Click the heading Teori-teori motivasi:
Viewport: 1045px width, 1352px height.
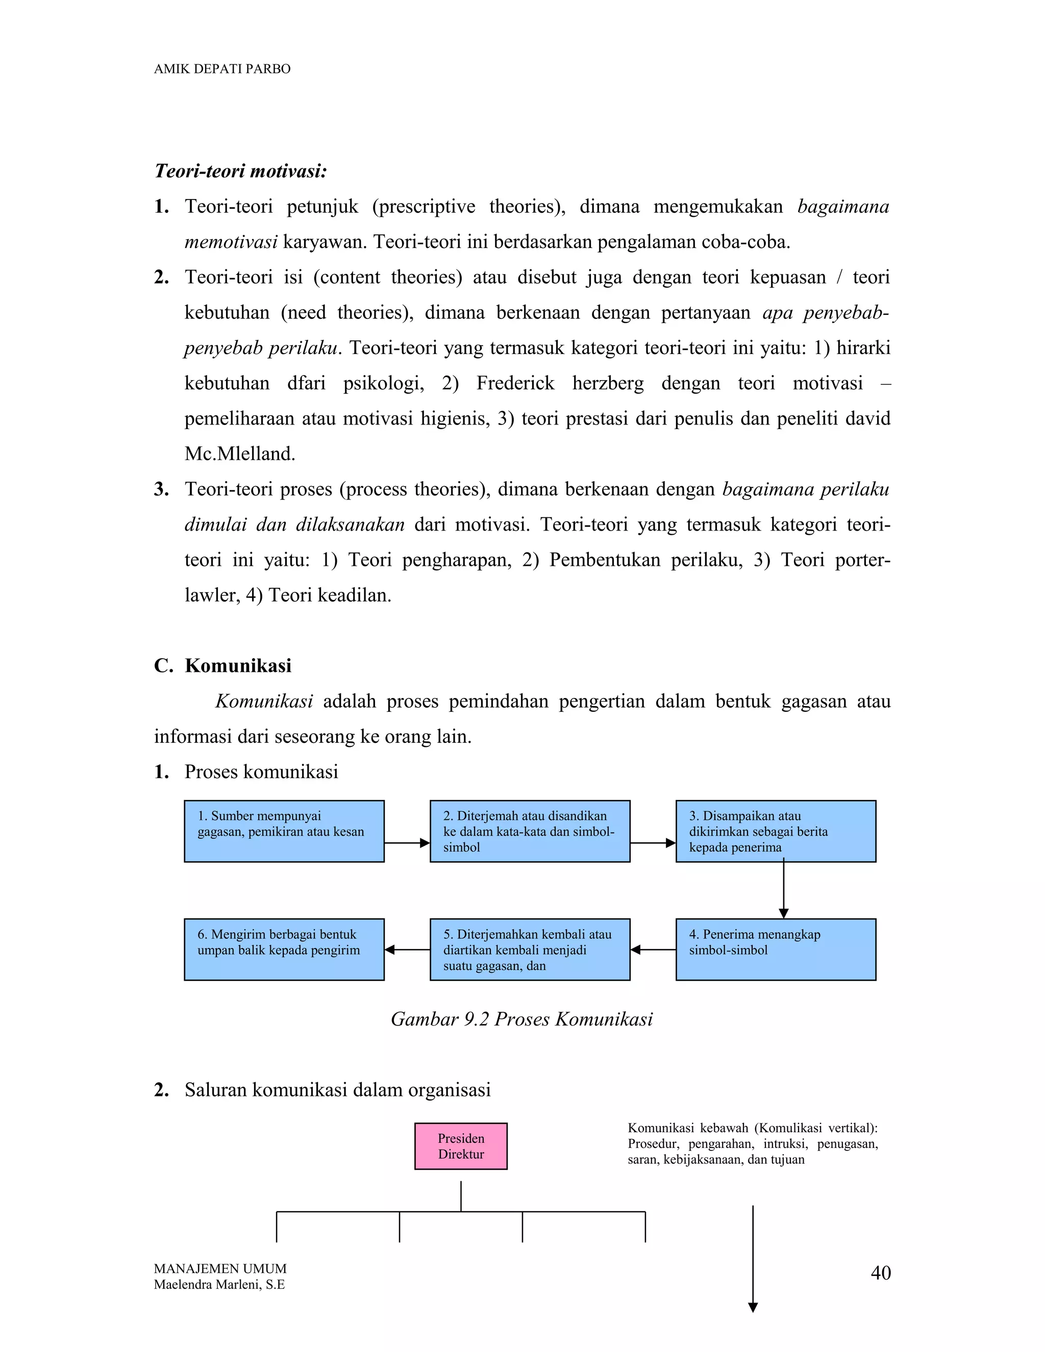[x=240, y=171]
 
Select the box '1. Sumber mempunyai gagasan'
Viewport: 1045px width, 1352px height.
[x=284, y=831]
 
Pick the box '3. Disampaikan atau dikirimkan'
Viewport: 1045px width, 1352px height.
[x=775, y=831]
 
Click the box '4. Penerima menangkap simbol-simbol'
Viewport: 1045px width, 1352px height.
[x=775, y=949]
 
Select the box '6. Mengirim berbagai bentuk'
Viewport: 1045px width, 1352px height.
[x=284, y=949]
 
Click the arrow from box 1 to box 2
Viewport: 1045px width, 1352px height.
[x=407, y=842]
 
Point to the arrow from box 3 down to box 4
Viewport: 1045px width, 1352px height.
[x=783, y=890]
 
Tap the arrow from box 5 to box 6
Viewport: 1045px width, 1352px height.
[x=407, y=949]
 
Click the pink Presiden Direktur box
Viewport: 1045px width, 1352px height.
[x=461, y=1146]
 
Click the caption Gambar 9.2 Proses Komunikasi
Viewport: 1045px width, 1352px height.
[x=521, y=1019]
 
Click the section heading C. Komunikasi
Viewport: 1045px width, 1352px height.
[x=223, y=665]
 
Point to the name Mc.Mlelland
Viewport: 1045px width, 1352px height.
[x=240, y=454]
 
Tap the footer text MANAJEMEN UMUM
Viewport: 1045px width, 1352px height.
[x=220, y=1268]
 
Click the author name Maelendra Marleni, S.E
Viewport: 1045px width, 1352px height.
[x=219, y=1285]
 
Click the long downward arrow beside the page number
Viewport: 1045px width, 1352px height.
[x=753, y=1257]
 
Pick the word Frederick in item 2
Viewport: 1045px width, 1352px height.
[x=515, y=383]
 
